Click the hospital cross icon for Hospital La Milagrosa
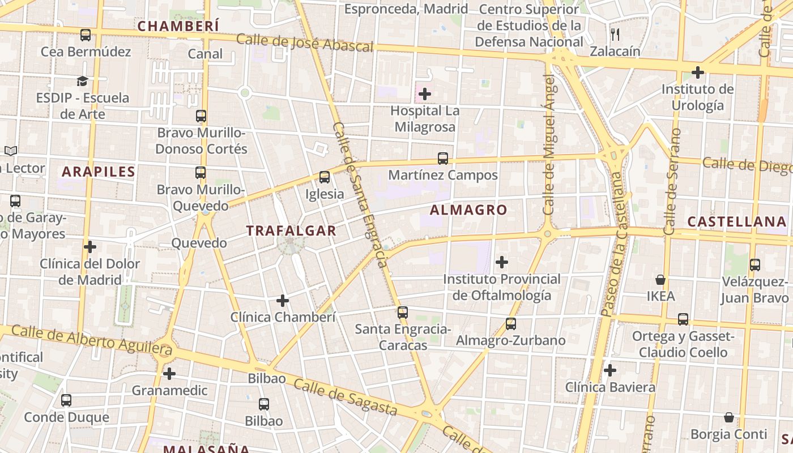[425, 94]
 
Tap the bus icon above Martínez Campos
[443, 159]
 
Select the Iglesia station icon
[325, 177]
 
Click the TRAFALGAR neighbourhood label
[291, 230]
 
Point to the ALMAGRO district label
[468, 210]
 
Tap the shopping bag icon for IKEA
[660, 280]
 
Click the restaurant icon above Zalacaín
[616, 35]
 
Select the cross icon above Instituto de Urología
[698, 72]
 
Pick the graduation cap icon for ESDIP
[83, 81]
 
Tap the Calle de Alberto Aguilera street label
[91, 339]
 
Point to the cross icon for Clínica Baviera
[610, 370]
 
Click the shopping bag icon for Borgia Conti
[729, 417]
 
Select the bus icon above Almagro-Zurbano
[511, 324]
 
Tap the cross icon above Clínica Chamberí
[283, 301]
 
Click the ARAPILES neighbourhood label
[99, 172]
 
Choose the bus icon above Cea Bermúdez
[86, 35]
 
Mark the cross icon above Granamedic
[169, 374]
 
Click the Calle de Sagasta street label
[346, 396]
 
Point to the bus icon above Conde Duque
[66, 400]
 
